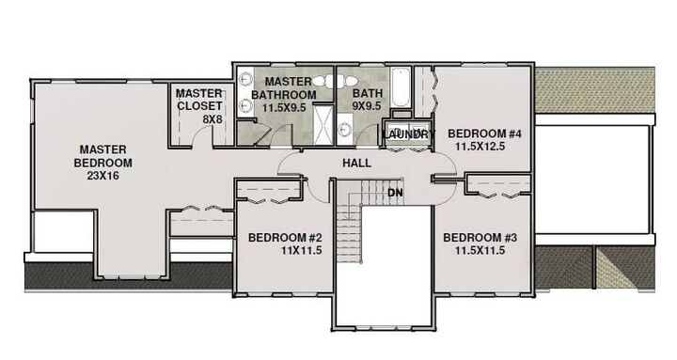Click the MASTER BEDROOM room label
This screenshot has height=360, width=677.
[105, 155]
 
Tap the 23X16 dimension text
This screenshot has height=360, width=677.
[105, 175]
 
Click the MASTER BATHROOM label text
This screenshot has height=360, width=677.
[290, 88]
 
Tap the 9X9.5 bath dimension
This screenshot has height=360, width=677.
[367, 107]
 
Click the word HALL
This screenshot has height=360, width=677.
[355, 163]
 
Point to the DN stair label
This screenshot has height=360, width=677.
[396, 193]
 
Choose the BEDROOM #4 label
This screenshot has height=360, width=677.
[483, 133]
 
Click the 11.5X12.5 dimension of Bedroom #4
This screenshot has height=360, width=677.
[481, 147]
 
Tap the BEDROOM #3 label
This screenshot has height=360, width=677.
[480, 237]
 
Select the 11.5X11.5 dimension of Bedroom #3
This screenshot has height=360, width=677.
[480, 251]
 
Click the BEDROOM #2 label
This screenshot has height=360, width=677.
[285, 237]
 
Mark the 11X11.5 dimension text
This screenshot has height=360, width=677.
[285, 251]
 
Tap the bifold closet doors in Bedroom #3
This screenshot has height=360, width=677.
[495, 194]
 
